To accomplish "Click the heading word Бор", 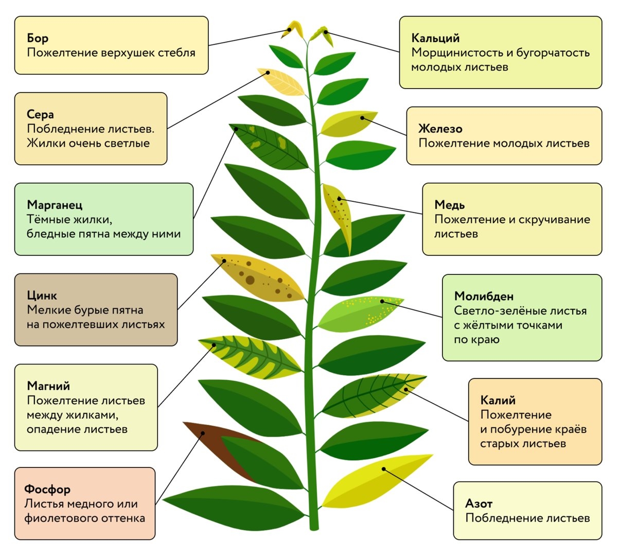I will pos(38,38).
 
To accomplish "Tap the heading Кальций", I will pos(435,38).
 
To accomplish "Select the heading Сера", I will pos(40,114).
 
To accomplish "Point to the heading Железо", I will pos(440,129).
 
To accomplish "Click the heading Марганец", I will pos(55,205).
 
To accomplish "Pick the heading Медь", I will pos(449,205).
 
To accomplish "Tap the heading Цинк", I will pos(42,296).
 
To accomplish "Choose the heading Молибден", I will pos(484,296).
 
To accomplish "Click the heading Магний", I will pos(48,386).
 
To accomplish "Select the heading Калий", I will pos(498,401).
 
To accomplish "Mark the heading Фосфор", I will pos(47,489).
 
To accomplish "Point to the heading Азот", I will pos(479,503).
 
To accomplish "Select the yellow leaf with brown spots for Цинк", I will pos(257,278).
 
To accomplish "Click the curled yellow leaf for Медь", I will pos(339,214).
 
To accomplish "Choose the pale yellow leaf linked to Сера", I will pos(282,81).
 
